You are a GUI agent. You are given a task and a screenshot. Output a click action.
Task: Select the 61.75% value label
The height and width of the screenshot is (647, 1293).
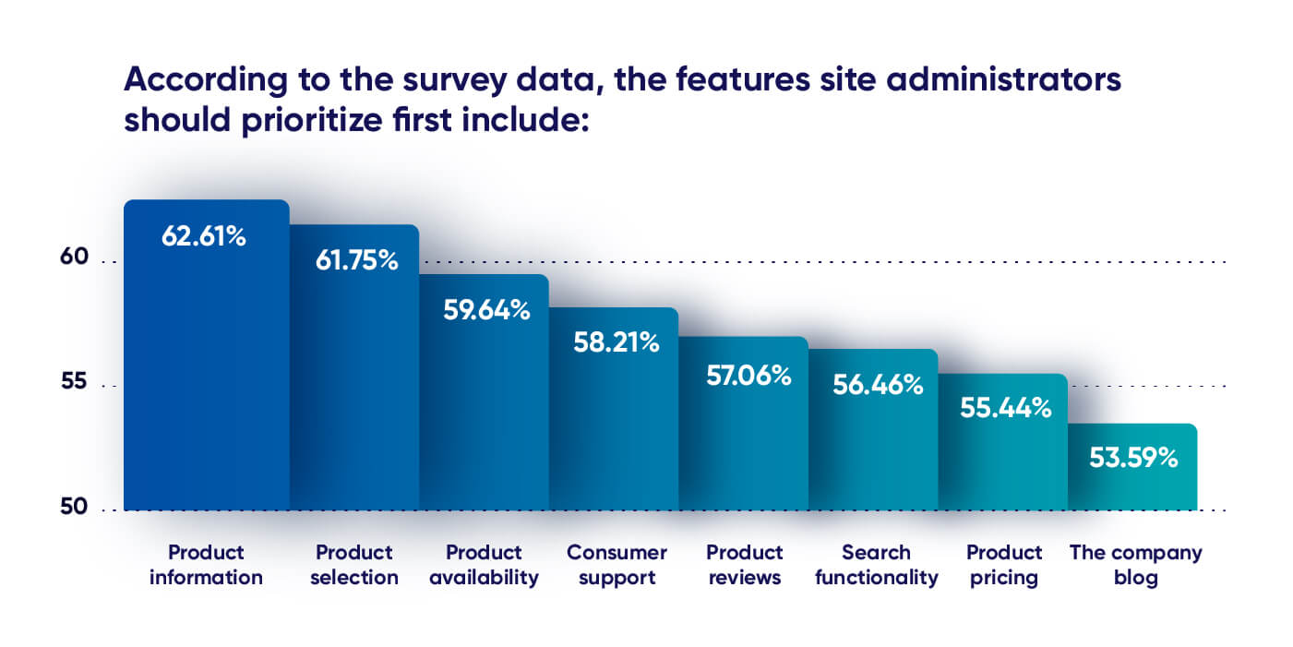(356, 261)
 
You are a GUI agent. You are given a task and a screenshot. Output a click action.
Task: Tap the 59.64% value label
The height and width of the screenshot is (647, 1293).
(486, 309)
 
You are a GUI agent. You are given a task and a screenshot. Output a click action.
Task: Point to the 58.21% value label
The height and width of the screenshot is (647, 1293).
(616, 343)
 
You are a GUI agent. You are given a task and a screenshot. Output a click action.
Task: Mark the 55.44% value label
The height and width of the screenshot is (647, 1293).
(1005, 408)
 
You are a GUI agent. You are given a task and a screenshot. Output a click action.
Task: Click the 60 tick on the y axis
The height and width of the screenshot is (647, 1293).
(75, 258)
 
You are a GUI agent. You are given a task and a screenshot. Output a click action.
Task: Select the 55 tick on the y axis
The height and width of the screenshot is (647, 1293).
(75, 382)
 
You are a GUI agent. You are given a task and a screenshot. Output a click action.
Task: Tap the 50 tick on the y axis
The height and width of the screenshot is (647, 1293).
(75, 507)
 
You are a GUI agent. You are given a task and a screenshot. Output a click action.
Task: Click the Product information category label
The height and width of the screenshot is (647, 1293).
(206, 565)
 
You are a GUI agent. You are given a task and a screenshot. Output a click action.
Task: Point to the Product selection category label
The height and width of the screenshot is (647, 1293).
(354, 565)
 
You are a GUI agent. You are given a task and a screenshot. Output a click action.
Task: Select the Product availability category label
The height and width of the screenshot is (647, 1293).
(483, 565)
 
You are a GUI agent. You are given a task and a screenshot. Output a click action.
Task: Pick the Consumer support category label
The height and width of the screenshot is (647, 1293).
(616, 565)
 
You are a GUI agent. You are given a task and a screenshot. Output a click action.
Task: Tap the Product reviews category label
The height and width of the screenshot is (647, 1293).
(744, 565)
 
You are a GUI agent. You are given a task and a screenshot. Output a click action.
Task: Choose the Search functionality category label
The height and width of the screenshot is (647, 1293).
(876, 565)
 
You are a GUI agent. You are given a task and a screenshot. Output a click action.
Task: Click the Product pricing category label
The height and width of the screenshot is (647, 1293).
(1004, 565)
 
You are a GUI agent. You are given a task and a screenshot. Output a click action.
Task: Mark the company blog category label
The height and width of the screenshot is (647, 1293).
(1135, 565)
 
